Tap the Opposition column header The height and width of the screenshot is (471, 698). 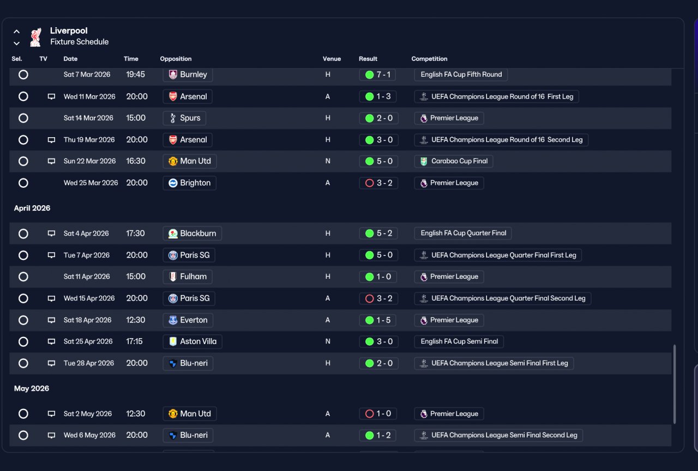coord(176,59)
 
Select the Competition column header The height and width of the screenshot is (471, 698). coord(429,59)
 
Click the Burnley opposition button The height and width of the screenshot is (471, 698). coord(188,75)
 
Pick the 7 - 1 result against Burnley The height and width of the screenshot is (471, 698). coord(377,75)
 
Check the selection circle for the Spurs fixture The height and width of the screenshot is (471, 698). coord(23,118)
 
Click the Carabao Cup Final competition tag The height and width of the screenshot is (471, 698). coord(453,161)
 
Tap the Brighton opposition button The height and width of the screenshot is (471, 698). coord(189,183)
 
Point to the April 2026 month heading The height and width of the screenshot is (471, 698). coord(32,208)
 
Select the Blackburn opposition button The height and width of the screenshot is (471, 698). coord(192,234)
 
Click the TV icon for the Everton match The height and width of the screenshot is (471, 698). coord(51,320)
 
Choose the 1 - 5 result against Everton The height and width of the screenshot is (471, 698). coord(377,320)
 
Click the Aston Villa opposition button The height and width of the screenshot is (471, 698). coord(192,341)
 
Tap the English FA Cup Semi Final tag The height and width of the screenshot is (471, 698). coord(459,341)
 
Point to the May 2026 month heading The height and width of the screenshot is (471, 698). coord(32,389)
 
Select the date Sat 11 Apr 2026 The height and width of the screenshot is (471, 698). coord(87,277)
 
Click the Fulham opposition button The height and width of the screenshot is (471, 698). coord(188,277)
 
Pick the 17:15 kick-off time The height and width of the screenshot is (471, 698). coord(134,341)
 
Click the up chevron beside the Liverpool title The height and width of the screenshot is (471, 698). coord(17,32)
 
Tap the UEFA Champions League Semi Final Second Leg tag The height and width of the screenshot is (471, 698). coord(498,435)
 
